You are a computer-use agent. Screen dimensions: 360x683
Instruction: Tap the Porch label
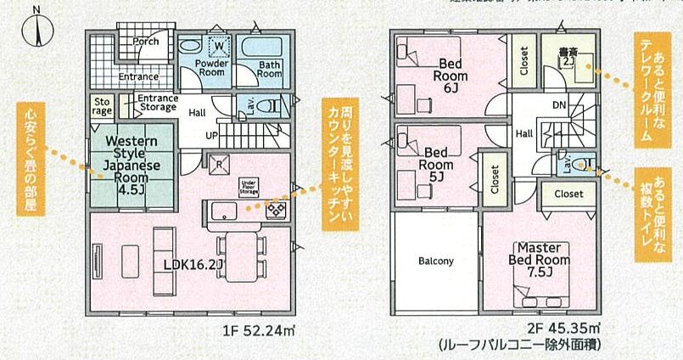pos(146,42)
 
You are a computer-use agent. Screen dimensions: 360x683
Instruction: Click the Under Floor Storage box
pos(249,186)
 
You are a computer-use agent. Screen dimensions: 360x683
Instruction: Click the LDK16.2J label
pos(194,264)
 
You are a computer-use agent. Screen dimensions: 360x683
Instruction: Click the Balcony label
pos(435,262)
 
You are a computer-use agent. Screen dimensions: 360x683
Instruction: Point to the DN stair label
pos(558,106)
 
